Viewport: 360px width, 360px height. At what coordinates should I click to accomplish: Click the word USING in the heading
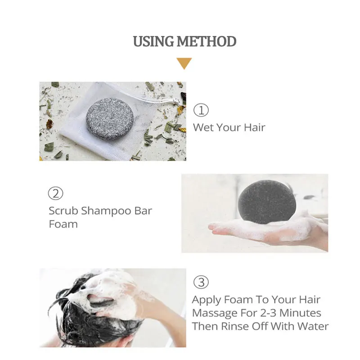(153, 41)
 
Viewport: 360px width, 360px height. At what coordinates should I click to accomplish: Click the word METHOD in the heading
(206, 41)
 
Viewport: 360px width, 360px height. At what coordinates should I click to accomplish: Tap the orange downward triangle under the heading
(184, 63)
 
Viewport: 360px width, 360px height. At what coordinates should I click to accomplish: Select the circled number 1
(201, 110)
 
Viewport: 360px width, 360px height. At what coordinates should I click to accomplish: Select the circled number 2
(55, 193)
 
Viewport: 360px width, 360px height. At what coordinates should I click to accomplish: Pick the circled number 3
(201, 282)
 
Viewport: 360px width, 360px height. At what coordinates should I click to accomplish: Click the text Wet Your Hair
(229, 127)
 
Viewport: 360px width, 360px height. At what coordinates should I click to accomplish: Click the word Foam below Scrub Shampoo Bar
(63, 224)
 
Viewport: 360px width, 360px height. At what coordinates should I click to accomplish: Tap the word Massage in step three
(212, 313)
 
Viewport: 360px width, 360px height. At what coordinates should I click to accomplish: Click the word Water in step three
(313, 326)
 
